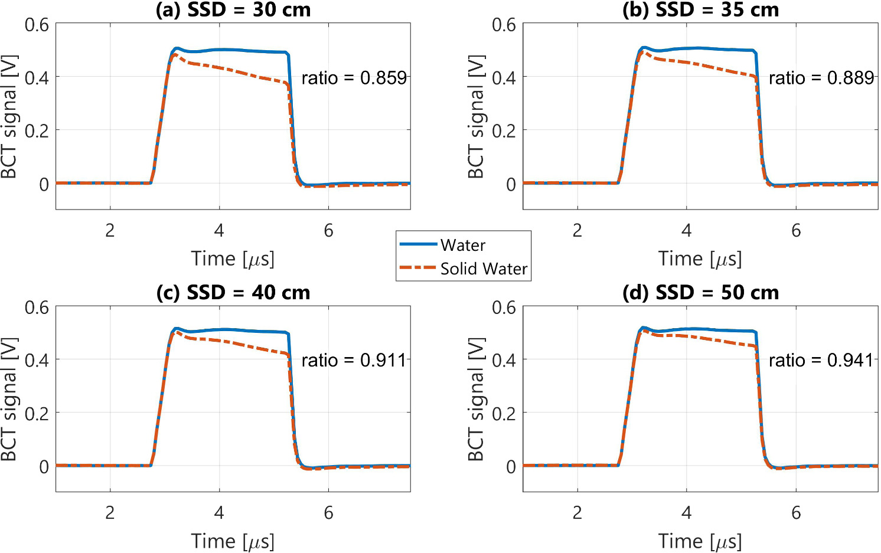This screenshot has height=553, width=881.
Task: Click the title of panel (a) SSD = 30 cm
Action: tap(233, 9)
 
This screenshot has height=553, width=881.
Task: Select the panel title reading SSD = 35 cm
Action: tap(700, 9)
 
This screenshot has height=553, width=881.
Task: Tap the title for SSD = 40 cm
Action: tap(233, 292)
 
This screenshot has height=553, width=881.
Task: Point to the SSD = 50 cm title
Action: tap(700, 292)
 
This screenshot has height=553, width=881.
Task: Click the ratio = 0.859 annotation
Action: tap(354, 78)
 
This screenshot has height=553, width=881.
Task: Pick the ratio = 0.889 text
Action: tap(821, 78)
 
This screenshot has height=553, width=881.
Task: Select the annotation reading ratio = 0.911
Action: tap(354, 360)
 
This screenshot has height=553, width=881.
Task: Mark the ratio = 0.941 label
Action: tap(821, 360)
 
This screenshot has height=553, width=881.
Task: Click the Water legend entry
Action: tap(462, 245)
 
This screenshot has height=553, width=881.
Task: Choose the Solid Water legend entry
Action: tap(484, 269)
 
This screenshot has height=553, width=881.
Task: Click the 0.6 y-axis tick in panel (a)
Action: tap(37, 25)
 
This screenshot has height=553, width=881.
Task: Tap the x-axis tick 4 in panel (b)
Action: tap(686, 230)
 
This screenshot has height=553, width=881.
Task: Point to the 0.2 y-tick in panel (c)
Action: tap(37, 413)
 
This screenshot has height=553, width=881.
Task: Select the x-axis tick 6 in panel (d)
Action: tap(796, 512)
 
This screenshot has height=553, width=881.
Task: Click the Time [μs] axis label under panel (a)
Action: tap(233, 258)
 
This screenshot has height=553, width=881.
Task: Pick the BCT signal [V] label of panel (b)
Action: tap(476, 116)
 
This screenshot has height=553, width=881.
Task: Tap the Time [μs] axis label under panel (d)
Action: tap(700, 541)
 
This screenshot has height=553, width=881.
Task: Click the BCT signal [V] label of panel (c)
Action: tap(9, 399)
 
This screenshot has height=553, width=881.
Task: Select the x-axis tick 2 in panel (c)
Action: tap(110, 512)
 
